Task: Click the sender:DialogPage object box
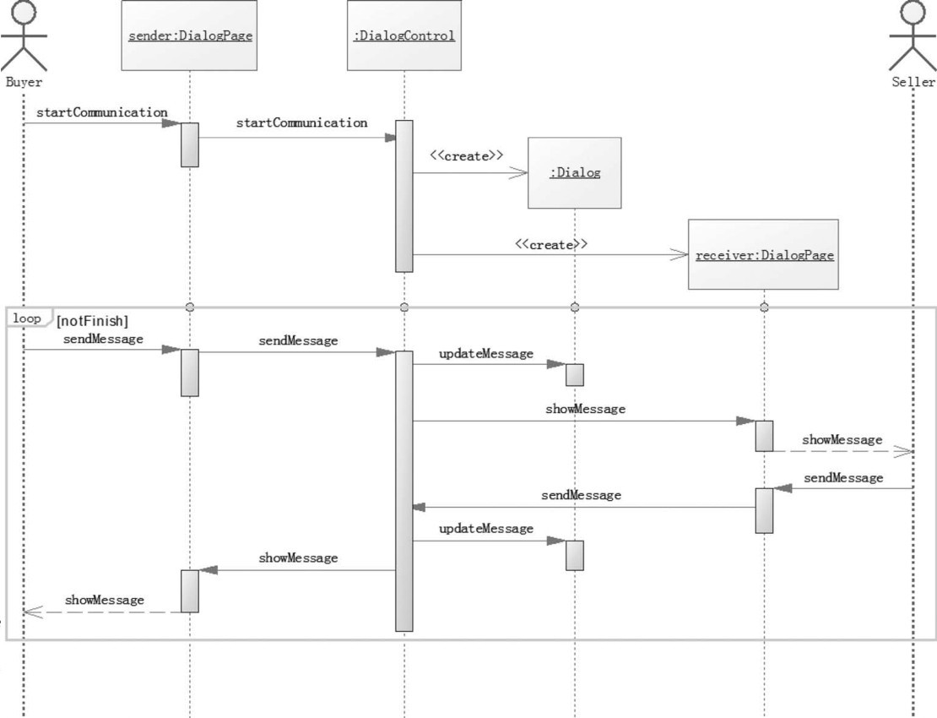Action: click(190, 35)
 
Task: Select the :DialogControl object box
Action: click(404, 35)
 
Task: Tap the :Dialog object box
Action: click(574, 173)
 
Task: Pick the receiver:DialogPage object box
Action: click(764, 254)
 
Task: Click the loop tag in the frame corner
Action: click(28, 319)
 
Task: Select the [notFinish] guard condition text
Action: click(91, 321)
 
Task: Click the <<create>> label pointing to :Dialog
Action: click(466, 156)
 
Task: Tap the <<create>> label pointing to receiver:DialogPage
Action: click(551, 243)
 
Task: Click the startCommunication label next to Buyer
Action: click(101, 112)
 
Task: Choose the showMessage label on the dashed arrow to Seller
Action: click(842, 439)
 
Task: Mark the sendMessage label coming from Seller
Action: click(843, 477)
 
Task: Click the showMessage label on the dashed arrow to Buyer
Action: click(105, 600)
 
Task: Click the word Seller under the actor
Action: click(913, 82)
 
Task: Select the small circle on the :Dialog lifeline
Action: click(575, 307)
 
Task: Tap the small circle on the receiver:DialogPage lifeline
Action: click(764, 307)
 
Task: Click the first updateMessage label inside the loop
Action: click(486, 353)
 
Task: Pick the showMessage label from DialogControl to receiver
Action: click(585, 409)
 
